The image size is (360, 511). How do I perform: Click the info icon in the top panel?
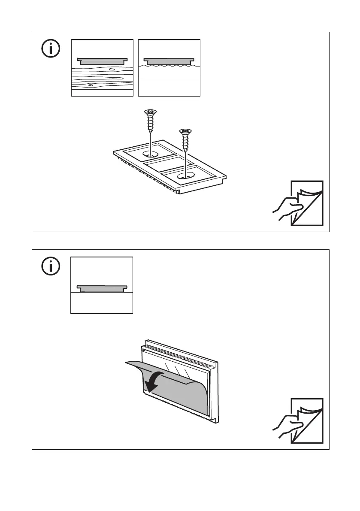(51, 49)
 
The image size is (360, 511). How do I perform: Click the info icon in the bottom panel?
(51, 267)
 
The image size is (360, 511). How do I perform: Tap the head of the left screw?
(150, 113)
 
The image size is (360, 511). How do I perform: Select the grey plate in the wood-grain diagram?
(102, 61)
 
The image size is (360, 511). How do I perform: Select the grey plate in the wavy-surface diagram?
(169, 61)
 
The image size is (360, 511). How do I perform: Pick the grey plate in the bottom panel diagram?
(102, 288)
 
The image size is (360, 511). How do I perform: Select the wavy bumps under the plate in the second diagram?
(169, 66)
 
